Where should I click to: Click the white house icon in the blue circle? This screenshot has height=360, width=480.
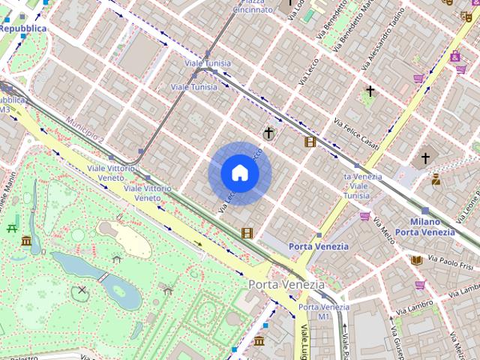click(239, 173)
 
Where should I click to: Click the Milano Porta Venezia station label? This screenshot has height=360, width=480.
click(424, 226)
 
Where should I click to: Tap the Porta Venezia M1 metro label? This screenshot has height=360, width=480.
click(323, 312)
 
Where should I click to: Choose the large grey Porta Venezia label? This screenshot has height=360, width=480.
click(286, 285)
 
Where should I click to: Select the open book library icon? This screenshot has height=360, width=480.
click(416, 260)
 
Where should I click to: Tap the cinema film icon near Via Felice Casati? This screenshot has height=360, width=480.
click(310, 142)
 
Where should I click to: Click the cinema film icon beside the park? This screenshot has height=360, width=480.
click(247, 233)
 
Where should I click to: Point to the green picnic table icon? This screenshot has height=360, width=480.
click(12, 228)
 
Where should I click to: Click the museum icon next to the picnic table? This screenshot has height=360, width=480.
click(27, 241)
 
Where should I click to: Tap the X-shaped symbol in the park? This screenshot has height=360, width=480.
click(82, 289)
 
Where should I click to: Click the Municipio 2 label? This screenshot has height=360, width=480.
click(84, 130)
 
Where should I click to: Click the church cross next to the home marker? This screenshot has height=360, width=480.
click(268, 133)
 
